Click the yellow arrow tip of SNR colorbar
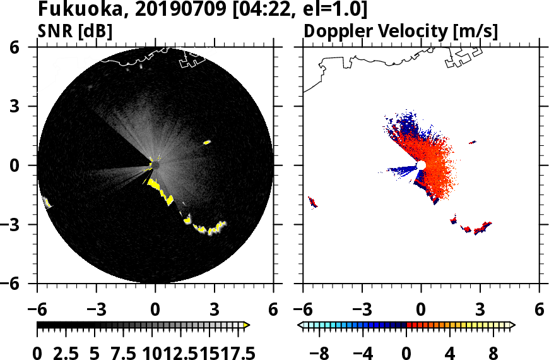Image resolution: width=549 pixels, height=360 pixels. tap(247, 325)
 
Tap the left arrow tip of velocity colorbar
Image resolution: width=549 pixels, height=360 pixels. tap(300, 325)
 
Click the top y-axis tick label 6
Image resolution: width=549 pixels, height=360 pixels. tap(27, 47)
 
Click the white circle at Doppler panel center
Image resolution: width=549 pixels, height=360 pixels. tap(421, 165)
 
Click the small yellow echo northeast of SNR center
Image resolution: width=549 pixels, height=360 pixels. tap(206, 143)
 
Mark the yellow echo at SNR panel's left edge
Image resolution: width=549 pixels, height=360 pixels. tap(46, 202)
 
